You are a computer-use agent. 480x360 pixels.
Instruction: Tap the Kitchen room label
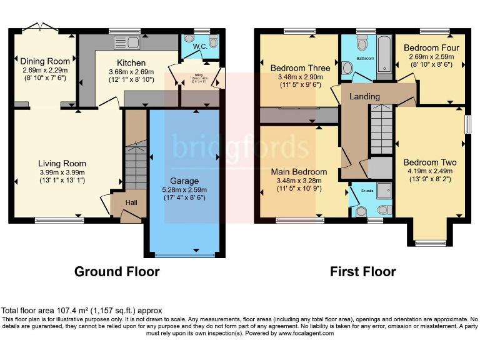click(x=131, y=63)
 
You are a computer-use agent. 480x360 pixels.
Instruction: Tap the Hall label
click(x=131, y=202)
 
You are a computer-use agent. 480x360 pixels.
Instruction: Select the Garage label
click(x=184, y=181)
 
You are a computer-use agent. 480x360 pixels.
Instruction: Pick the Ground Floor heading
click(x=117, y=272)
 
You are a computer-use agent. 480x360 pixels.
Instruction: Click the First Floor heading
click(x=362, y=272)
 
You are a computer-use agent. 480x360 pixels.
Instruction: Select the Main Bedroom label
click(x=299, y=171)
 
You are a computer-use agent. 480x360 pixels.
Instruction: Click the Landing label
click(x=364, y=96)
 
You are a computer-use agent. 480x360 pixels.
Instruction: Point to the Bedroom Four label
click(x=431, y=48)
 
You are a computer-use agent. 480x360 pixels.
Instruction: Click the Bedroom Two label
click(x=430, y=162)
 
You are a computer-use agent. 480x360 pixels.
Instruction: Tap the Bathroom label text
click(x=365, y=59)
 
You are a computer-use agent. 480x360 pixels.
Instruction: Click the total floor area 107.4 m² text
click(x=81, y=311)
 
